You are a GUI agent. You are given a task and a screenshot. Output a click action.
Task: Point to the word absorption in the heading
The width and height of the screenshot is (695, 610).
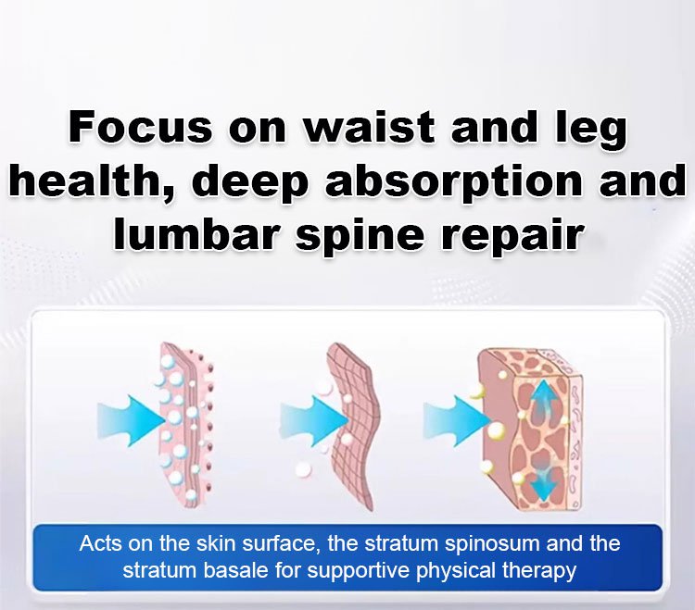pyautogui.click(x=454, y=182)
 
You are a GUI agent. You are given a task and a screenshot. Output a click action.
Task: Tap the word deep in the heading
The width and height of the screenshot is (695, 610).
pyautogui.click(x=250, y=182)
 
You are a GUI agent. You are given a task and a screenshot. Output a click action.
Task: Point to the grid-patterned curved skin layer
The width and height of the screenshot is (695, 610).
pyautogui.click(x=353, y=425)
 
